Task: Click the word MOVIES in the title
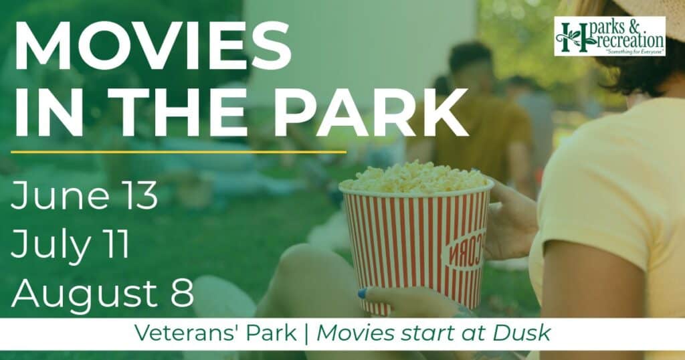(153, 45)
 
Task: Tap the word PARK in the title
(371, 112)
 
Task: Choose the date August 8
(102, 292)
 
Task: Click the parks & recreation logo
(609, 36)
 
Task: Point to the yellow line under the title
(179, 152)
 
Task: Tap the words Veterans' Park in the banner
(215, 333)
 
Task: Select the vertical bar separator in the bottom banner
(306, 334)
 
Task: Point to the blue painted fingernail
(362, 293)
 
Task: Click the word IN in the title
(49, 112)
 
